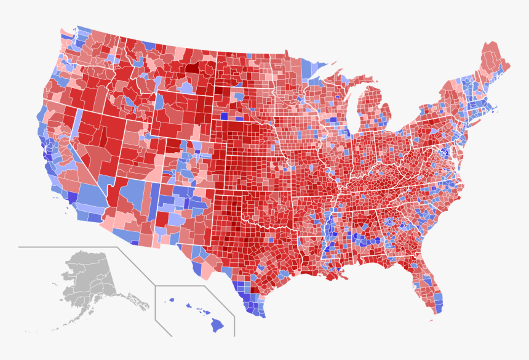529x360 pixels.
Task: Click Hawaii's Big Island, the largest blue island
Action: pos(217,324)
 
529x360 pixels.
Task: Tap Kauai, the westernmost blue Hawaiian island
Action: pos(172,300)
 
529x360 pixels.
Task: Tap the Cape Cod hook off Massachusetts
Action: pos(496,110)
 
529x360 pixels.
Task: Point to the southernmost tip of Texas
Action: pos(261,316)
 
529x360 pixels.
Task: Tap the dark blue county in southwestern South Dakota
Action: pos(224,116)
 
